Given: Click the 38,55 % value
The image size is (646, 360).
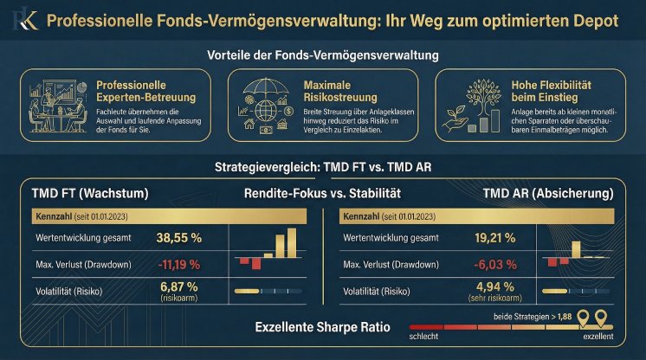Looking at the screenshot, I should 180,236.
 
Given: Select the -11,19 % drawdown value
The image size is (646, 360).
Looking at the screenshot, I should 178,263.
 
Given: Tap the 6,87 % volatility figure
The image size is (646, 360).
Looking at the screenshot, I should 179,286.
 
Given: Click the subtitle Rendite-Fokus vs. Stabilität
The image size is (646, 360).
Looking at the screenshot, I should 322,192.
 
